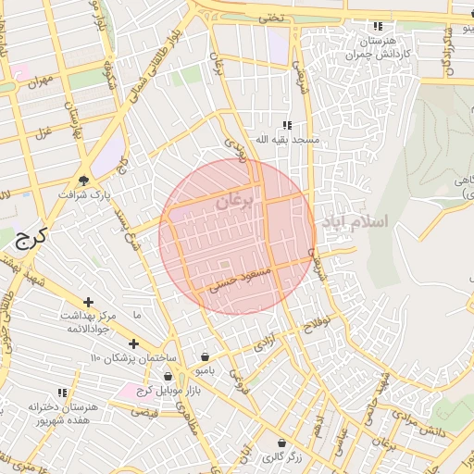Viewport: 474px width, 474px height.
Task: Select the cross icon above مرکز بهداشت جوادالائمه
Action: [x=89, y=302]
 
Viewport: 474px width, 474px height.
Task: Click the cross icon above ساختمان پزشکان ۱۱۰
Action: [x=133, y=343]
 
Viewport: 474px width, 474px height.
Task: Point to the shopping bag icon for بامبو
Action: [x=205, y=356]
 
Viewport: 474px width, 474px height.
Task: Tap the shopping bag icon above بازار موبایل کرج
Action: [x=168, y=376]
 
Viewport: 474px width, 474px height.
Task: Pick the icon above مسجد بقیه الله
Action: [x=287, y=124]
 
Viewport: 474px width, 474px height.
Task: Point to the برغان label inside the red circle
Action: [x=234, y=202]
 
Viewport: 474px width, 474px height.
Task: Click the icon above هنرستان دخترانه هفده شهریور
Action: [x=62, y=393]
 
